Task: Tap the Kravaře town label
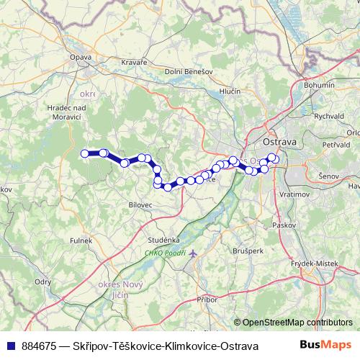click(x=134, y=63)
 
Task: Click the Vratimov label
click(x=296, y=194)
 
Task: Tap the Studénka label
click(x=164, y=240)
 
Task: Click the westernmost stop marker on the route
click(x=84, y=153)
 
